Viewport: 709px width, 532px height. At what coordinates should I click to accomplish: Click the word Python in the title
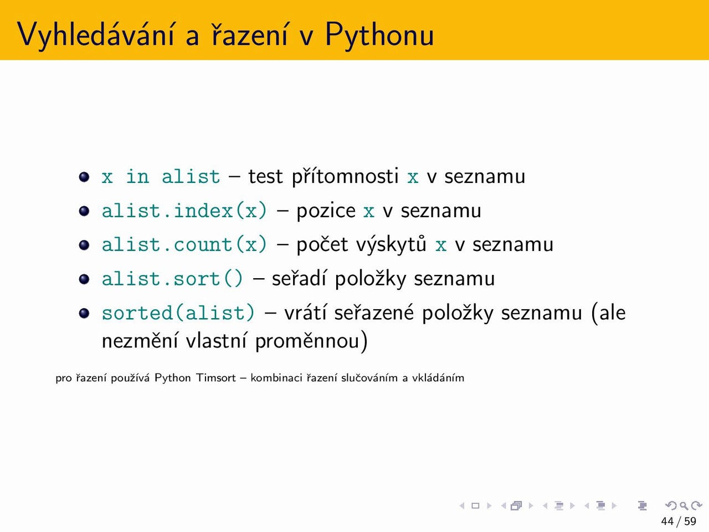[x=379, y=35]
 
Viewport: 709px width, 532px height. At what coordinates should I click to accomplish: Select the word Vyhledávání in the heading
[x=95, y=35]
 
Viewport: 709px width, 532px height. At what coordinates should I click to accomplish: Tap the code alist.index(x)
[x=184, y=211]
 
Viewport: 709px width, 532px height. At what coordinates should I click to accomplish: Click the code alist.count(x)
[x=184, y=244]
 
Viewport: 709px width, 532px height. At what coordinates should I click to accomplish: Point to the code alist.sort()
[x=172, y=278]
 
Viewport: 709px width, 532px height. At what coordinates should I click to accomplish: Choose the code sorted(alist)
[x=178, y=313]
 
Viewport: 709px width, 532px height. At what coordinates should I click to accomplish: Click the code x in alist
[x=161, y=176]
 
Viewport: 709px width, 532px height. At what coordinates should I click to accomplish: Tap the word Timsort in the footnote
[x=216, y=377]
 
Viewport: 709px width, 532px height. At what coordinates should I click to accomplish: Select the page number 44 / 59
[x=679, y=521]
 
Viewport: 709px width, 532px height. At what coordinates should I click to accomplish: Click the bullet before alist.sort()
[x=84, y=279]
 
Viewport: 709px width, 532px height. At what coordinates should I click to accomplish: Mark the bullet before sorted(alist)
[x=84, y=313]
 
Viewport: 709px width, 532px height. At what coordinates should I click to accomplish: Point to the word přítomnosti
[x=345, y=177]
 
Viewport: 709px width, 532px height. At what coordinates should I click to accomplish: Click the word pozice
[x=326, y=211]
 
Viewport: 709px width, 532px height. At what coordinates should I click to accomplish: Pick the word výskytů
[x=392, y=245]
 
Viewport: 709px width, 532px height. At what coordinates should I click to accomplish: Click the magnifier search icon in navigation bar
[x=684, y=505]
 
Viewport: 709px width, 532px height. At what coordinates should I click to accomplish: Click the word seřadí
[x=299, y=278]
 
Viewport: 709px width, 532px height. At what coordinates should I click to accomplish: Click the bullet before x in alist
[x=84, y=177]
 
